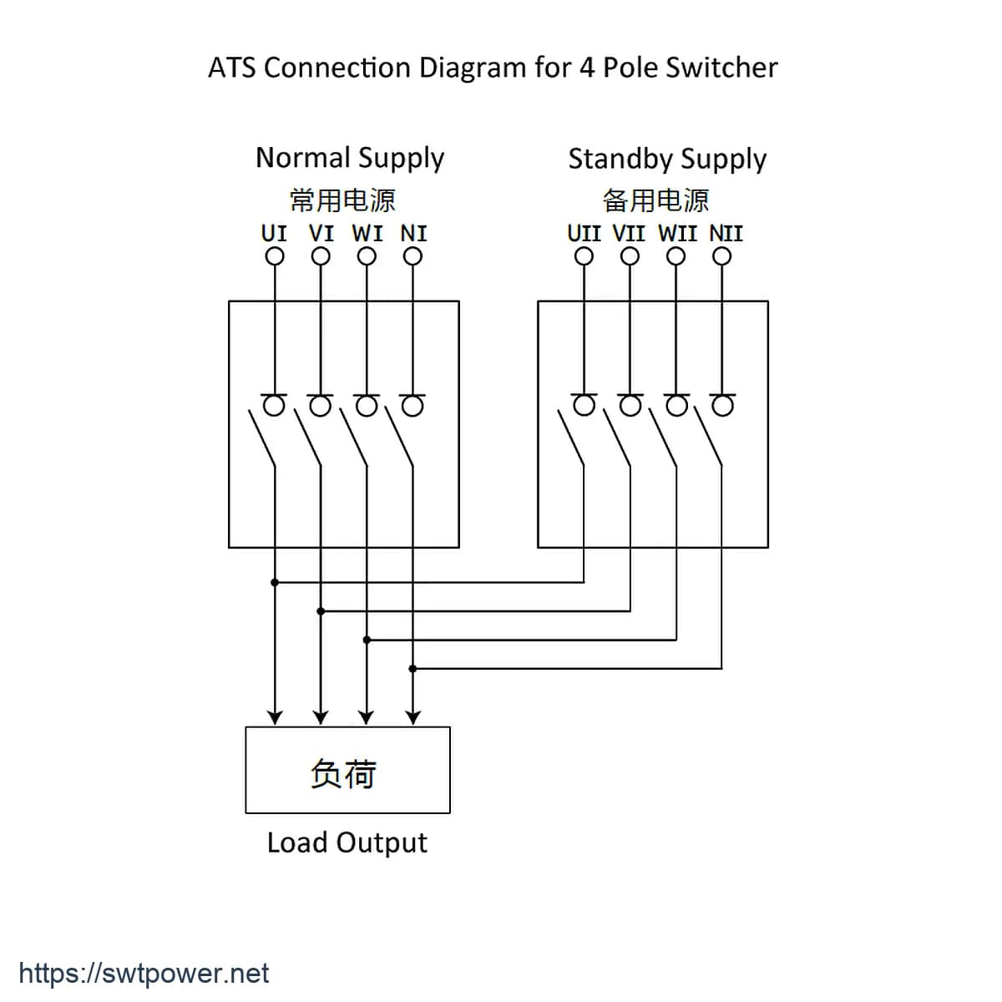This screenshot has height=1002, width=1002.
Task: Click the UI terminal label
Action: [274, 234]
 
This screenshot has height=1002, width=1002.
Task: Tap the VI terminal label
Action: [321, 234]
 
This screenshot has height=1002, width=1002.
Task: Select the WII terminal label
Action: [677, 234]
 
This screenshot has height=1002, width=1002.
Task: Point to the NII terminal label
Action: [726, 234]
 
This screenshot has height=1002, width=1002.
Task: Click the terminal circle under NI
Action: [412, 256]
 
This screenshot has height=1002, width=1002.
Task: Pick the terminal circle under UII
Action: [584, 256]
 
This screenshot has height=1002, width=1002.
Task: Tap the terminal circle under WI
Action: [367, 256]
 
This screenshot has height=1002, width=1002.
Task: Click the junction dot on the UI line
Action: [275, 582]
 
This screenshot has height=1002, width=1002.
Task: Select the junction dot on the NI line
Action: [412, 669]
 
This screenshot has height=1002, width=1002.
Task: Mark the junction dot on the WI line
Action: [367, 640]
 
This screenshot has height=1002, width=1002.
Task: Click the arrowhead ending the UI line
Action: [275, 718]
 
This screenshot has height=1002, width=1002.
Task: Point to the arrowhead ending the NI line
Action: [412, 718]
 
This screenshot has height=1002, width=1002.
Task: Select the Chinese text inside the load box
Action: [343, 774]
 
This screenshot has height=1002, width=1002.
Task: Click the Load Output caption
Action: [347, 843]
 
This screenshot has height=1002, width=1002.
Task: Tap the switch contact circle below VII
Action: [630, 406]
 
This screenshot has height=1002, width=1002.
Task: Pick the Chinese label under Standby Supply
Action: [655, 200]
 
